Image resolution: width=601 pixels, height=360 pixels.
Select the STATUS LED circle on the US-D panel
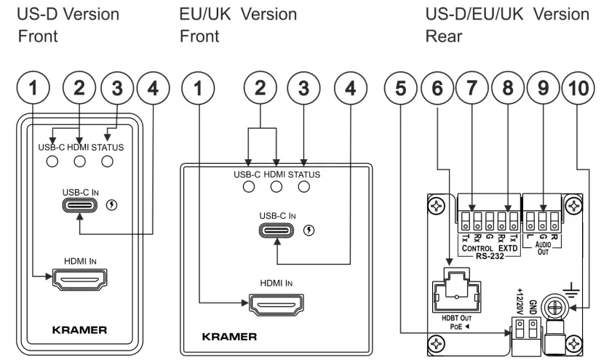tap(108, 161)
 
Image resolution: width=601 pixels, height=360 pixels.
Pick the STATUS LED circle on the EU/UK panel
tap(304, 188)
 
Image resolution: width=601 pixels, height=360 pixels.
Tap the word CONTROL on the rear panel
tap(478, 247)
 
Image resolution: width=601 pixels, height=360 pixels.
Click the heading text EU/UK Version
tap(237, 14)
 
